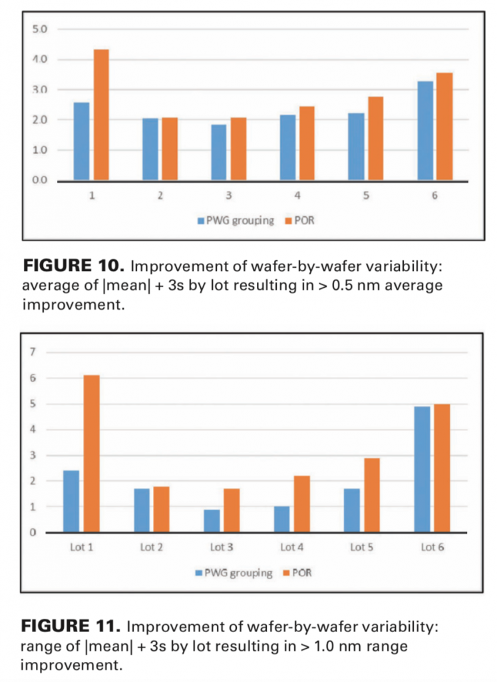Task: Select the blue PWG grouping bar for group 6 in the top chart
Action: [x=425, y=131]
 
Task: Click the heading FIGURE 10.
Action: [x=74, y=268]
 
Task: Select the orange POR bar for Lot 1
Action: [x=92, y=454]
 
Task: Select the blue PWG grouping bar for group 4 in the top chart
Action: [x=287, y=147]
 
